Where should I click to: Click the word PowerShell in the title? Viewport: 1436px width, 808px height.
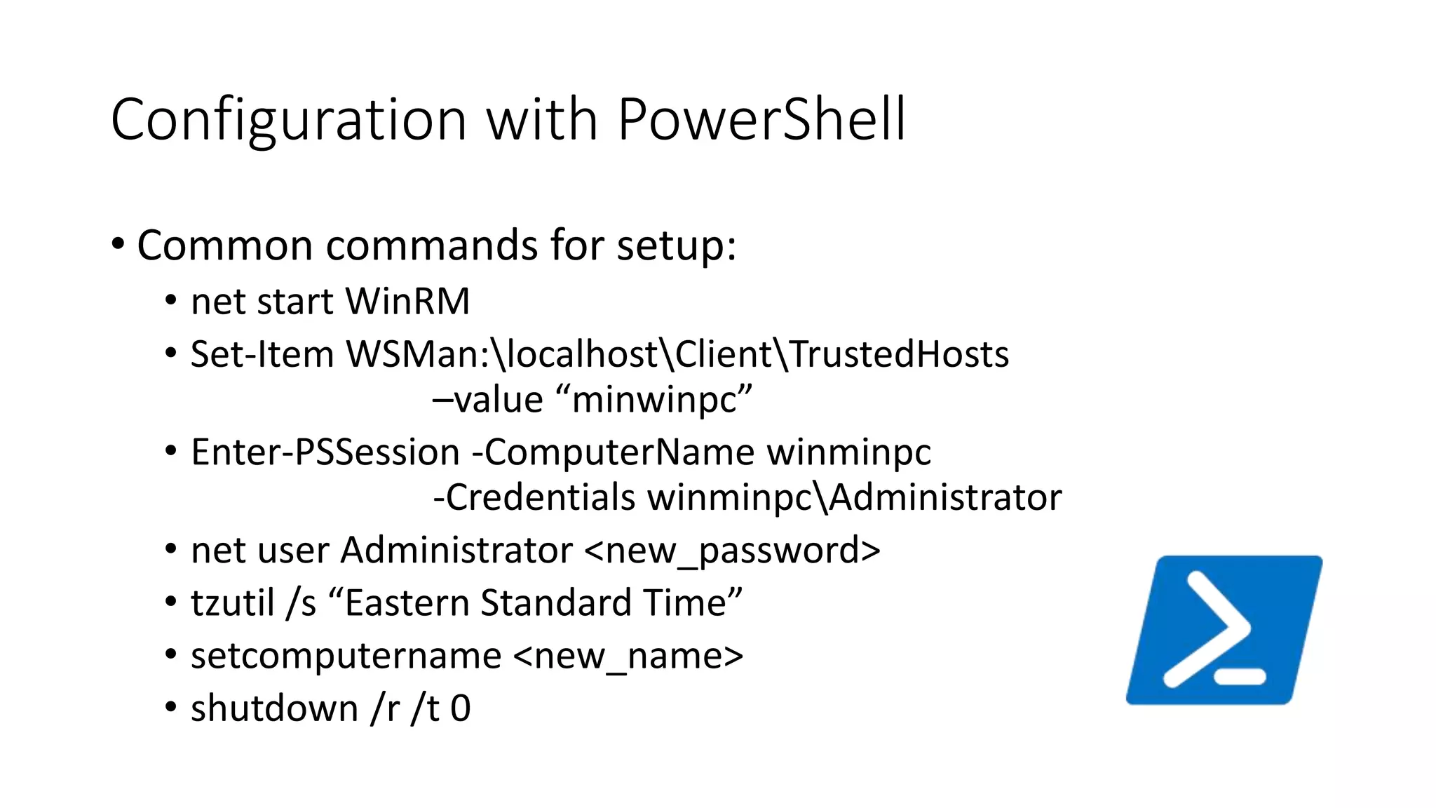761,119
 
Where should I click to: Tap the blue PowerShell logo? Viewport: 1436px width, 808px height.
1224,630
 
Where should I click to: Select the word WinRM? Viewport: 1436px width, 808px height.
407,302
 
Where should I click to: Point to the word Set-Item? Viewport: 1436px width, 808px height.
262,354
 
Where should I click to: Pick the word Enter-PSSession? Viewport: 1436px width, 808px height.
325,452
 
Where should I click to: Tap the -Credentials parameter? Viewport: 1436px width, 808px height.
534,497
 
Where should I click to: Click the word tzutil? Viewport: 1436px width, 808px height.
232,603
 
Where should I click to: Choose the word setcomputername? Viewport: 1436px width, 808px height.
346,656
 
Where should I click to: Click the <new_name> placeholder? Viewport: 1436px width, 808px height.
628,656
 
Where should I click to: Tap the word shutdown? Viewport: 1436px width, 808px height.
274,708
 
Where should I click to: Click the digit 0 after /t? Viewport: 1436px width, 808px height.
461,708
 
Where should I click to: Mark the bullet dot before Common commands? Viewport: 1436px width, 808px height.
118,244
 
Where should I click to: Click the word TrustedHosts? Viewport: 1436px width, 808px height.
900,354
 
